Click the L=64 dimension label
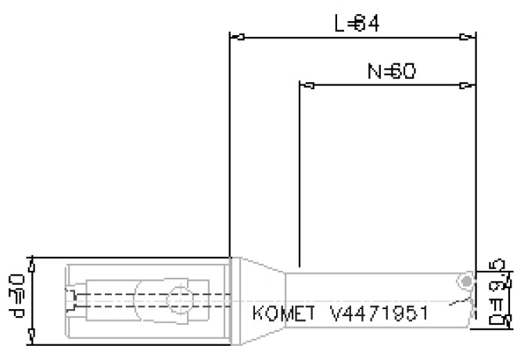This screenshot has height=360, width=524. (356, 23)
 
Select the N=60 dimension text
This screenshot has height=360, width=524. (390, 73)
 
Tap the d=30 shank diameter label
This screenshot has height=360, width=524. (16, 300)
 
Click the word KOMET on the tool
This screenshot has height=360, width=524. (284, 314)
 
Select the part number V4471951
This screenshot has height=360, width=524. (379, 314)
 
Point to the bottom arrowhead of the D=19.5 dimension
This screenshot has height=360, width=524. (508, 322)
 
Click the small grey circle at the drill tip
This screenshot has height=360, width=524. (467, 281)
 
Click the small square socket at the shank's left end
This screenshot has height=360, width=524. (71, 300)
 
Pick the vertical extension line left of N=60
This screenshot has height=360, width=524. (300, 172)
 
